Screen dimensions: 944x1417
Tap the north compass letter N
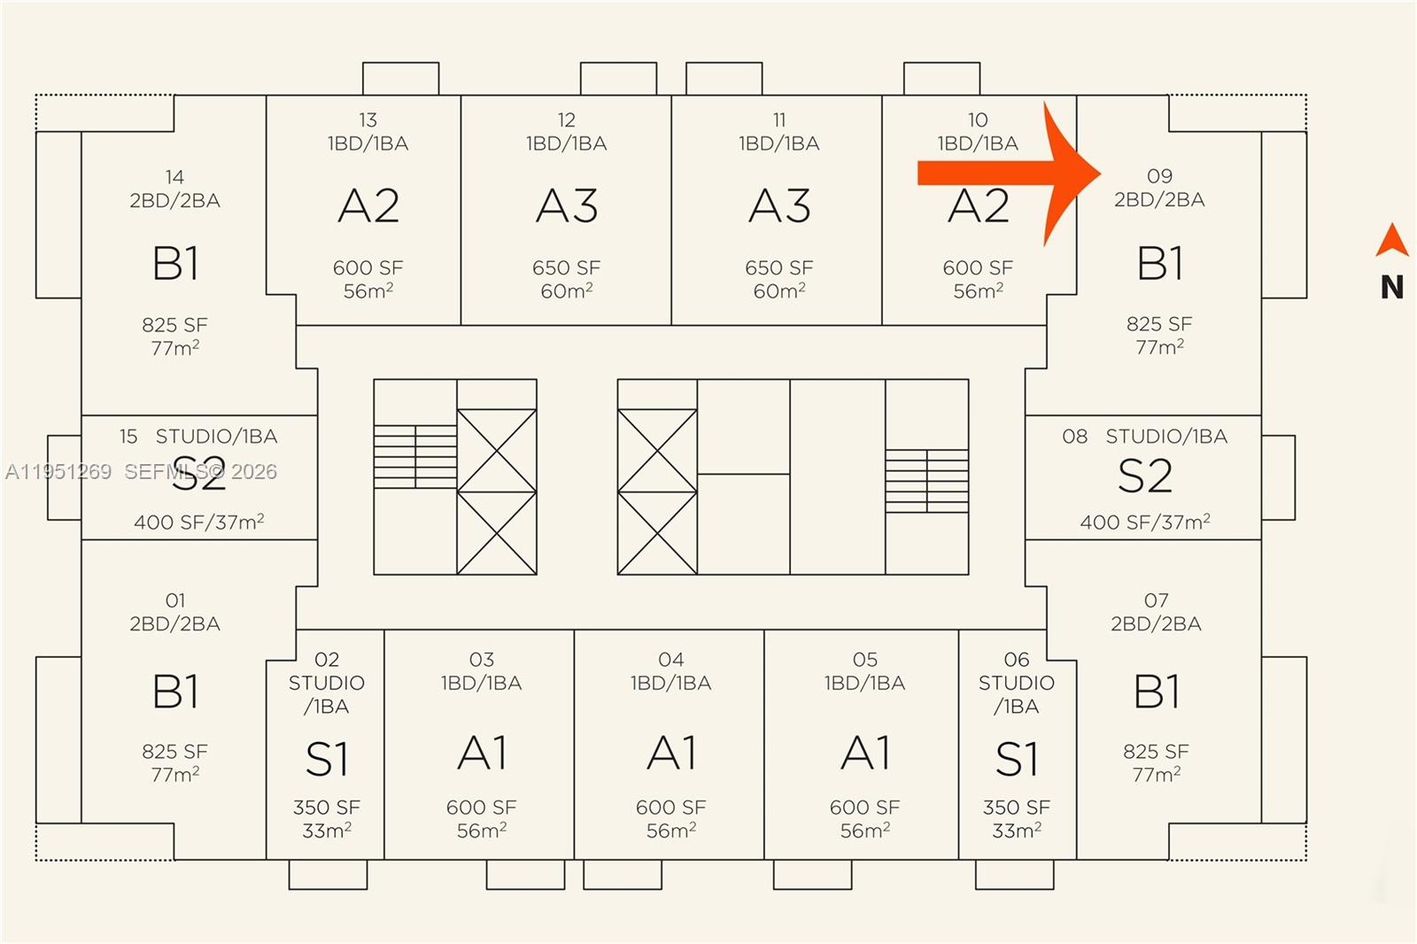coord(1391,287)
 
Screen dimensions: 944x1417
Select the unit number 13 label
coord(368,120)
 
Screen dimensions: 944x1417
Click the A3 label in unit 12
coord(567,206)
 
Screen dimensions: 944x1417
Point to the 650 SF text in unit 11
coord(779,267)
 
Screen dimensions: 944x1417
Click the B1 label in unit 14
coord(175,263)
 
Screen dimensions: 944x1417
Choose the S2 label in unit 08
coord(1144,476)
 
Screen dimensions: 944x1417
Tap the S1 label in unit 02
coord(327,760)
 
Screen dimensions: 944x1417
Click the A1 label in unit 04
coord(671,754)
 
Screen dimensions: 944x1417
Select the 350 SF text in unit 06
coord(1017,808)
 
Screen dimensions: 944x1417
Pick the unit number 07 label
coord(1156,600)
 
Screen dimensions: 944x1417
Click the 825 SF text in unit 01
coord(175,752)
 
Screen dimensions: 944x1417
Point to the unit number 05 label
coord(865,660)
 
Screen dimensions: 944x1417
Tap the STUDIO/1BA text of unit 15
coord(216,437)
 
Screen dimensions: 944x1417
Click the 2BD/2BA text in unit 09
coord(1159,200)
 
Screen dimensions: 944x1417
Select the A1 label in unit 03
coord(482,754)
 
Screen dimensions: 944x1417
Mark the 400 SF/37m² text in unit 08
coord(1144,522)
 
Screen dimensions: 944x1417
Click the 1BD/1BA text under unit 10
coord(978,143)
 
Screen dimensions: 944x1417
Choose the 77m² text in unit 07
coord(1156,775)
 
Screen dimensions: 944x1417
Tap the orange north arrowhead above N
coord(1391,240)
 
